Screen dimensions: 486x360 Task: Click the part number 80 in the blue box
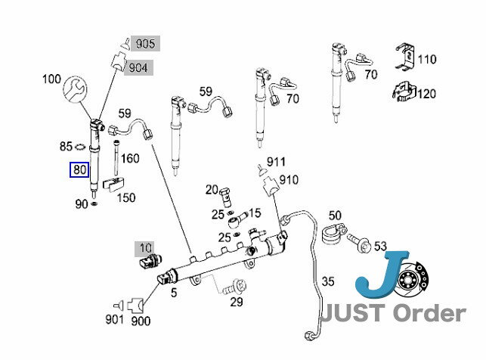tap(79, 169)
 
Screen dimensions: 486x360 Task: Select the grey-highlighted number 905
tap(145, 43)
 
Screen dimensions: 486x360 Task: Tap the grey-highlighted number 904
tap(138, 67)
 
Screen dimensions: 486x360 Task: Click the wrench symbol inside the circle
tap(74, 89)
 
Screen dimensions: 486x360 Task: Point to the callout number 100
tap(51, 79)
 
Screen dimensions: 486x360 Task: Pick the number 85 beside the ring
tap(66, 146)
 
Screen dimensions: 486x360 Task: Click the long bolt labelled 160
tap(116, 158)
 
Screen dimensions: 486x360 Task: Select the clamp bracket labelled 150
tap(113, 185)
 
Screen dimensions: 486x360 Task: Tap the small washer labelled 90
tap(94, 203)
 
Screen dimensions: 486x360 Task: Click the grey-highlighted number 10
tap(145, 248)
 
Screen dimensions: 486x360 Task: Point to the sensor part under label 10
tap(150, 261)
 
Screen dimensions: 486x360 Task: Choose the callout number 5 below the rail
tap(174, 293)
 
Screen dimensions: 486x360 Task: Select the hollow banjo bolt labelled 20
tap(226, 197)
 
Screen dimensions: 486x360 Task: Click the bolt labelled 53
tap(359, 242)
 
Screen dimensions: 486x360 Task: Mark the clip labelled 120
tap(404, 92)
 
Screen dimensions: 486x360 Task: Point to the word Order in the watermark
tap(429, 313)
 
